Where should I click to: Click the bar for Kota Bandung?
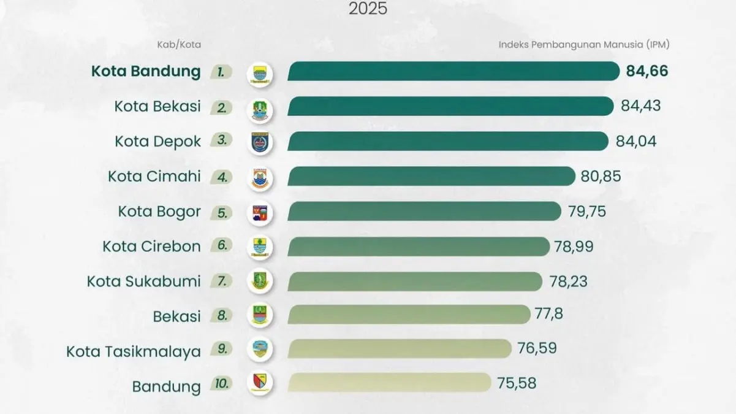(x=453, y=71)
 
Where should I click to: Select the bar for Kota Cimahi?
(x=431, y=177)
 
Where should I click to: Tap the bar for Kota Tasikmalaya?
(x=399, y=349)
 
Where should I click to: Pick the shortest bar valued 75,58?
(x=389, y=383)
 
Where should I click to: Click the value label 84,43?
(x=640, y=106)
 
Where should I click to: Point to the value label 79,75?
(x=586, y=212)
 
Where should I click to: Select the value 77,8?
(x=548, y=315)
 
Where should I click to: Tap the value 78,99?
(x=574, y=247)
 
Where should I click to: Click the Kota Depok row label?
(x=157, y=142)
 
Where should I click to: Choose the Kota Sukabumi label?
(x=144, y=282)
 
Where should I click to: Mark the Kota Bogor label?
(x=159, y=212)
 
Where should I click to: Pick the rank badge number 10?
(x=222, y=385)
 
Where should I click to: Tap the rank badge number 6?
(x=222, y=245)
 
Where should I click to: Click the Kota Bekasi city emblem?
(x=259, y=109)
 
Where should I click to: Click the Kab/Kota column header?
(x=178, y=45)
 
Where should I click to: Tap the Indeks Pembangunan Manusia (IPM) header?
(x=583, y=45)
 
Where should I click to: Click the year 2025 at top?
(x=368, y=9)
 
